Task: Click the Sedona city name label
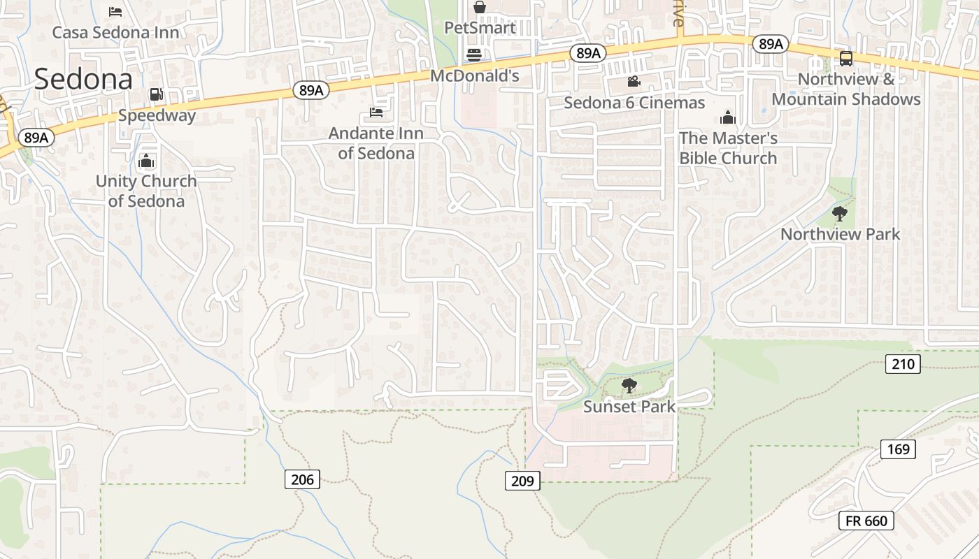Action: pos(83,79)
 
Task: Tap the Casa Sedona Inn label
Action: pos(115,32)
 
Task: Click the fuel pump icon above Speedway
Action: pos(157,94)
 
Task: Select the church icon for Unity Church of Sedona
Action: pos(146,161)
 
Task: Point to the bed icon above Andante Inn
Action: pos(376,112)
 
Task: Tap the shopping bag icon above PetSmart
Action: pos(480,8)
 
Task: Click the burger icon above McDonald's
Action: pos(474,55)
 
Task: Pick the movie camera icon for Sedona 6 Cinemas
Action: pos(634,82)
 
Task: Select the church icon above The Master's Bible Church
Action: pos(728,117)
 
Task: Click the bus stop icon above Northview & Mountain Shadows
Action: pos(845,59)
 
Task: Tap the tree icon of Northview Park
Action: pos(840,214)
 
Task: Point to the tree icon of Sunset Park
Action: pos(629,385)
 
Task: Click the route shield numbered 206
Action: pos(303,479)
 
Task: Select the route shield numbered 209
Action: pos(522,480)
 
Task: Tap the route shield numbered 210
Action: pos(902,363)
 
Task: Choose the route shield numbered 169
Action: pos(898,449)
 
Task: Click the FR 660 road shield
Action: pos(866,521)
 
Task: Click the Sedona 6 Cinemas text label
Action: pos(634,103)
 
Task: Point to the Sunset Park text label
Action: pos(629,406)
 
